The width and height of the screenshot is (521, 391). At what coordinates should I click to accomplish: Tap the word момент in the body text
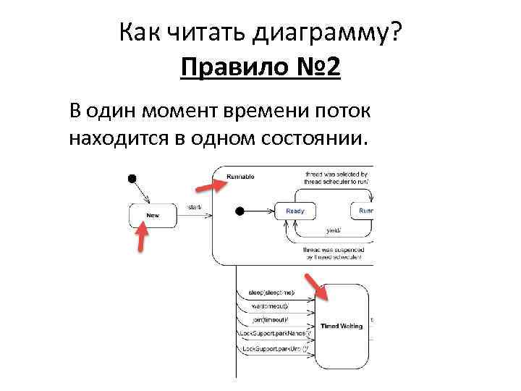coord(185,112)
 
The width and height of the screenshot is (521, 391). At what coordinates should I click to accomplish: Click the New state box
coord(153,215)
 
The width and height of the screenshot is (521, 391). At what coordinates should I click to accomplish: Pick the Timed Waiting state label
coord(342,327)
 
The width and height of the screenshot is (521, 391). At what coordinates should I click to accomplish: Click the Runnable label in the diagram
coord(240,177)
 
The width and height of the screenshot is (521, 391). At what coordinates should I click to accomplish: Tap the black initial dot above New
coord(132,178)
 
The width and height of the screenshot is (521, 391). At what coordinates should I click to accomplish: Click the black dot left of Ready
coord(240,211)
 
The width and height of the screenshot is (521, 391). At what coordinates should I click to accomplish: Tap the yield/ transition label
coord(331,230)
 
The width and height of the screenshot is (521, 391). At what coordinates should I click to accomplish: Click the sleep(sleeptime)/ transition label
coord(271,292)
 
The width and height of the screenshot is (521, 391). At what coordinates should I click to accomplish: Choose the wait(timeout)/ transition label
coord(270,306)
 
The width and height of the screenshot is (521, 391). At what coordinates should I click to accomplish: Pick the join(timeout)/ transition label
coord(270,319)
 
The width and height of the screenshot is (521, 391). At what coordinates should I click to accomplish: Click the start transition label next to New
coord(194,208)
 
